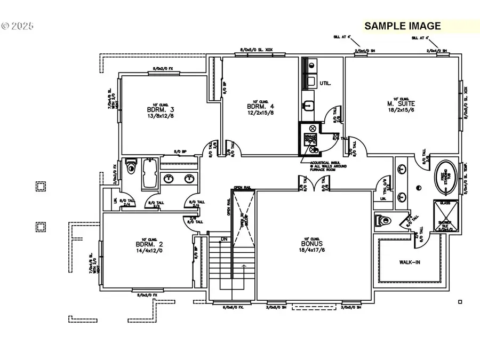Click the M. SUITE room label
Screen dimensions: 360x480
[x=402, y=103]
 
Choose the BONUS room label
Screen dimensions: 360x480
[x=314, y=243]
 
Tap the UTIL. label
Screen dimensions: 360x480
[x=325, y=84]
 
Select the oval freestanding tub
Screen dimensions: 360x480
[x=446, y=177]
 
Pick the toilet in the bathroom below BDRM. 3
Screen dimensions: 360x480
[x=131, y=170]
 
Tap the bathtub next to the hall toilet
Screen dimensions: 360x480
[x=150, y=173]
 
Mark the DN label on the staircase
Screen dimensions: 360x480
[x=225, y=239]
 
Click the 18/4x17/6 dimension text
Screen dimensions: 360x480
[x=314, y=250]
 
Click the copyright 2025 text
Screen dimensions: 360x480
[x=17, y=25]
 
